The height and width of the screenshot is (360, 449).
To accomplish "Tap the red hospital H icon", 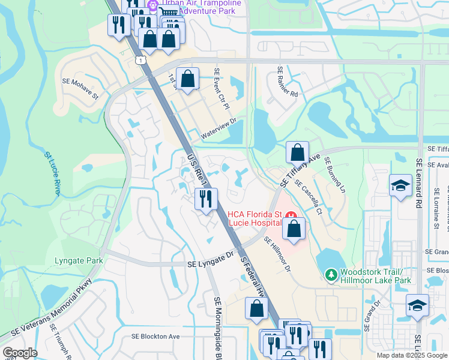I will pos(292,215).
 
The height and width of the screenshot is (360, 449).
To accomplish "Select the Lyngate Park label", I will pos(79,260).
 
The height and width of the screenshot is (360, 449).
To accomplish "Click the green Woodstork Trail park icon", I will pos(330,275).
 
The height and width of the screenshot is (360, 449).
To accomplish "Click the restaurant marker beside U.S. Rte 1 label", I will pos(206,199).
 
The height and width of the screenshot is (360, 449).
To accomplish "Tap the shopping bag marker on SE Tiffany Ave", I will pos(297,153).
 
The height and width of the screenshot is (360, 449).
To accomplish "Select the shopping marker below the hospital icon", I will pos(293,229).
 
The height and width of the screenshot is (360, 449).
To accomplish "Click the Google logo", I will pos(20,353).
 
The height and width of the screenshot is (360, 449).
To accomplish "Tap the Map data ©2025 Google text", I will pos(412,355).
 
